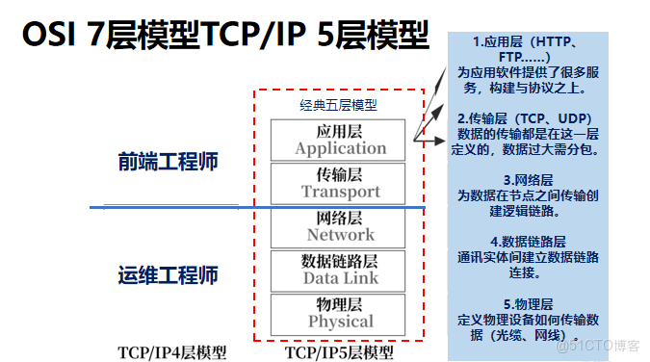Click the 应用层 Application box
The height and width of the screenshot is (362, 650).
pyautogui.click(x=340, y=140)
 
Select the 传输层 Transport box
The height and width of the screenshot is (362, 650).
pyautogui.click(x=340, y=183)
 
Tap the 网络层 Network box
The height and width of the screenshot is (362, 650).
pyautogui.click(x=340, y=226)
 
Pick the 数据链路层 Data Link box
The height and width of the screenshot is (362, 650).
pyautogui.click(x=340, y=270)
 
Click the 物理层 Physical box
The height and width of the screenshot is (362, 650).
pyautogui.click(x=340, y=313)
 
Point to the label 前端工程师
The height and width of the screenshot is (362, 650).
pyautogui.click(x=169, y=161)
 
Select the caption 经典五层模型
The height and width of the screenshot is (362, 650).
pyautogui.click(x=338, y=105)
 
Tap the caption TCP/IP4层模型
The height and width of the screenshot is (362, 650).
pyautogui.click(x=172, y=352)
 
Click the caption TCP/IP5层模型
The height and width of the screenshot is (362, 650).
pyautogui.click(x=339, y=352)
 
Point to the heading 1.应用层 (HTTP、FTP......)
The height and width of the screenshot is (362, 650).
pyautogui.click(x=525, y=49)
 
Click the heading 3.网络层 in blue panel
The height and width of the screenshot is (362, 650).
pyautogui.click(x=526, y=180)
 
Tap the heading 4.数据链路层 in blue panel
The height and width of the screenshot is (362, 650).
pyautogui.click(x=526, y=242)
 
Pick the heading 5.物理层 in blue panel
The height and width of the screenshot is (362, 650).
pyautogui.click(x=526, y=304)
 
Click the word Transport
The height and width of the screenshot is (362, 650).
pyautogui.click(x=340, y=192)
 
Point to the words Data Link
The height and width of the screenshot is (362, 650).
pyautogui.click(x=340, y=278)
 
